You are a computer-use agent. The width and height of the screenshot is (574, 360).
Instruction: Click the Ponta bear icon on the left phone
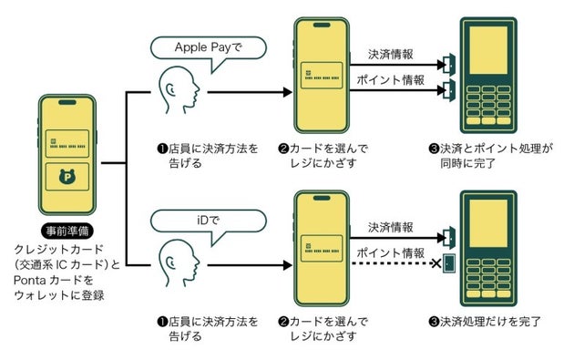coord(68,179)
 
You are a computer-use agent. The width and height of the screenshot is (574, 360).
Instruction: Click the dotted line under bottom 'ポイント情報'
coord(392,265)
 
